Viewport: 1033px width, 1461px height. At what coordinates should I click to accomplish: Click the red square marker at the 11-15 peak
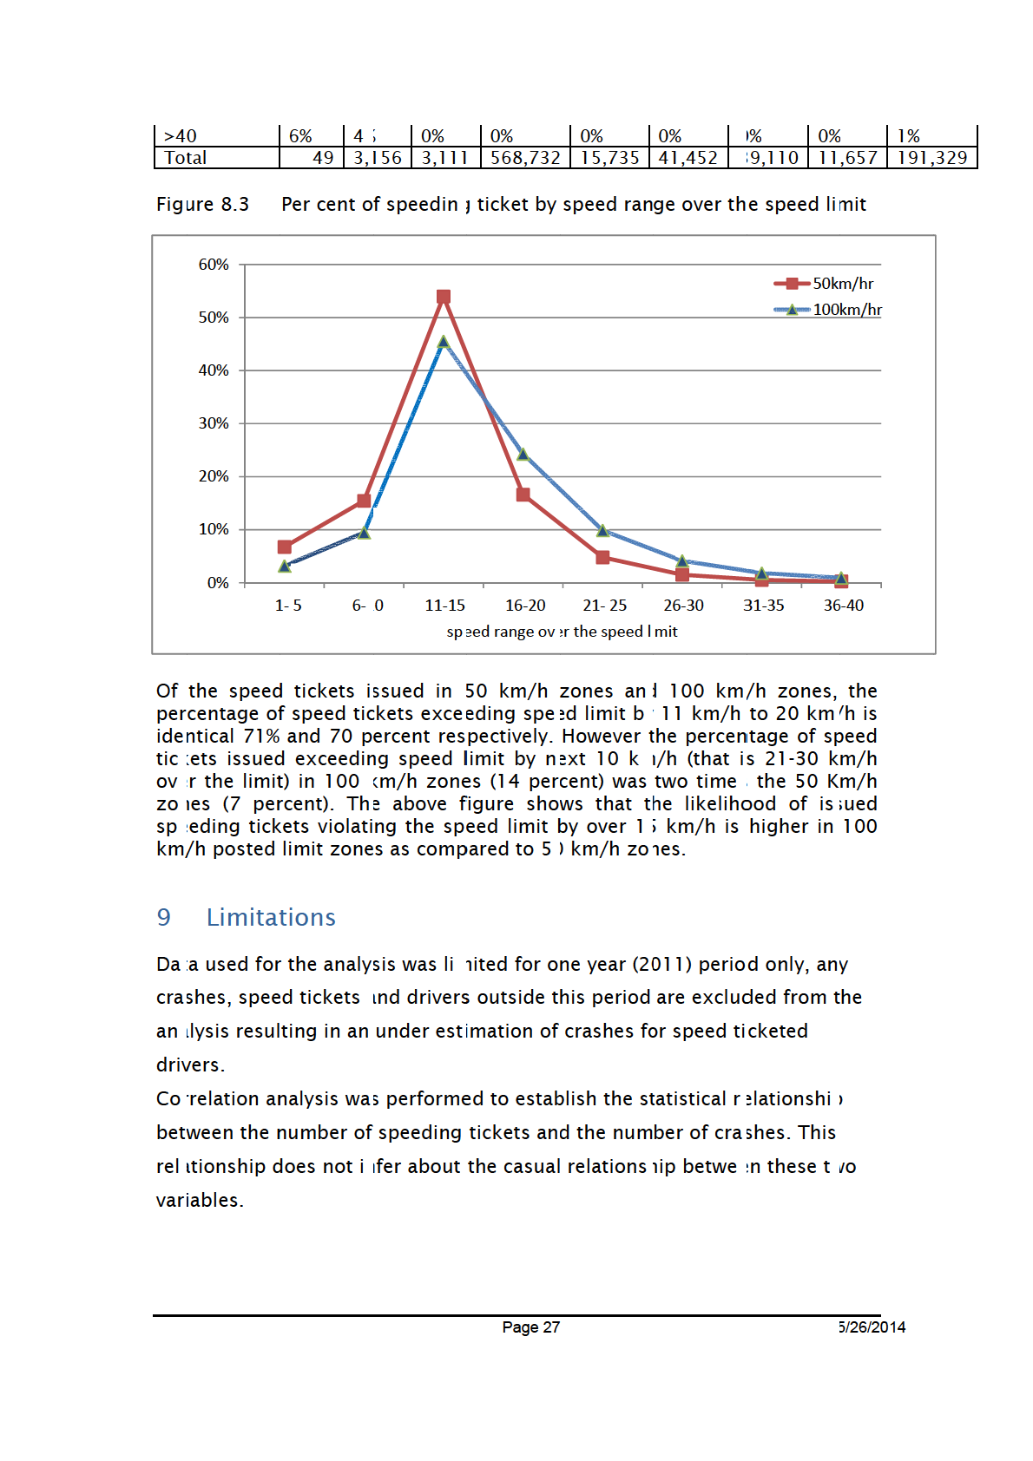coord(444,297)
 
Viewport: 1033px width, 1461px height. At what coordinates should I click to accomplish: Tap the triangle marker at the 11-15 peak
coord(444,342)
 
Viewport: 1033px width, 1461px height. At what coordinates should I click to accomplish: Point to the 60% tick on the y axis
coord(214,265)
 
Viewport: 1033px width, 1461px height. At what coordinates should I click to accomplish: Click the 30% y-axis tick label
coord(214,423)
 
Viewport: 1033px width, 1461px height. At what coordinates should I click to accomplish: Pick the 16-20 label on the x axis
coord(525,606)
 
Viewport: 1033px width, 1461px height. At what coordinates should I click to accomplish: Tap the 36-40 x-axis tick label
coord(844,606)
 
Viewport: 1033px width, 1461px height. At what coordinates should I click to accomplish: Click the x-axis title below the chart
coord(562,632)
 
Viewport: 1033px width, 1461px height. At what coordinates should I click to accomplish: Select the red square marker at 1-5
coord(285,547)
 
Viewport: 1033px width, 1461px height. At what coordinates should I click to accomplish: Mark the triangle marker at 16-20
coord(523,454)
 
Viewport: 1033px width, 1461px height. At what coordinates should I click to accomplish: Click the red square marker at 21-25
coord(602,557)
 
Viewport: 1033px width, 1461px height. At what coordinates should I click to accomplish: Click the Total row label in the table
coord(186,158)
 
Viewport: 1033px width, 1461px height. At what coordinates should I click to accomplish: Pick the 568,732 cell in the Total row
coord(525,158)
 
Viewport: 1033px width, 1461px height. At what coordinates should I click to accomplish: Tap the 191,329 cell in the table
coord(932,158)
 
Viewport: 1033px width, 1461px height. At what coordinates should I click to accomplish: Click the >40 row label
coord(181,136)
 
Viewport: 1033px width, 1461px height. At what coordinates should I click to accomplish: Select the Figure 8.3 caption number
coord(202,205)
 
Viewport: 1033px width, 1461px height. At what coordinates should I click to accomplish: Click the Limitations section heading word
coord(271,917)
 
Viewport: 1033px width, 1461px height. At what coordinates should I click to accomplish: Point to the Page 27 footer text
coord(530,1327)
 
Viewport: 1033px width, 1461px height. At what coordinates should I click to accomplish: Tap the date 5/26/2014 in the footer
coord(872,1327)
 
